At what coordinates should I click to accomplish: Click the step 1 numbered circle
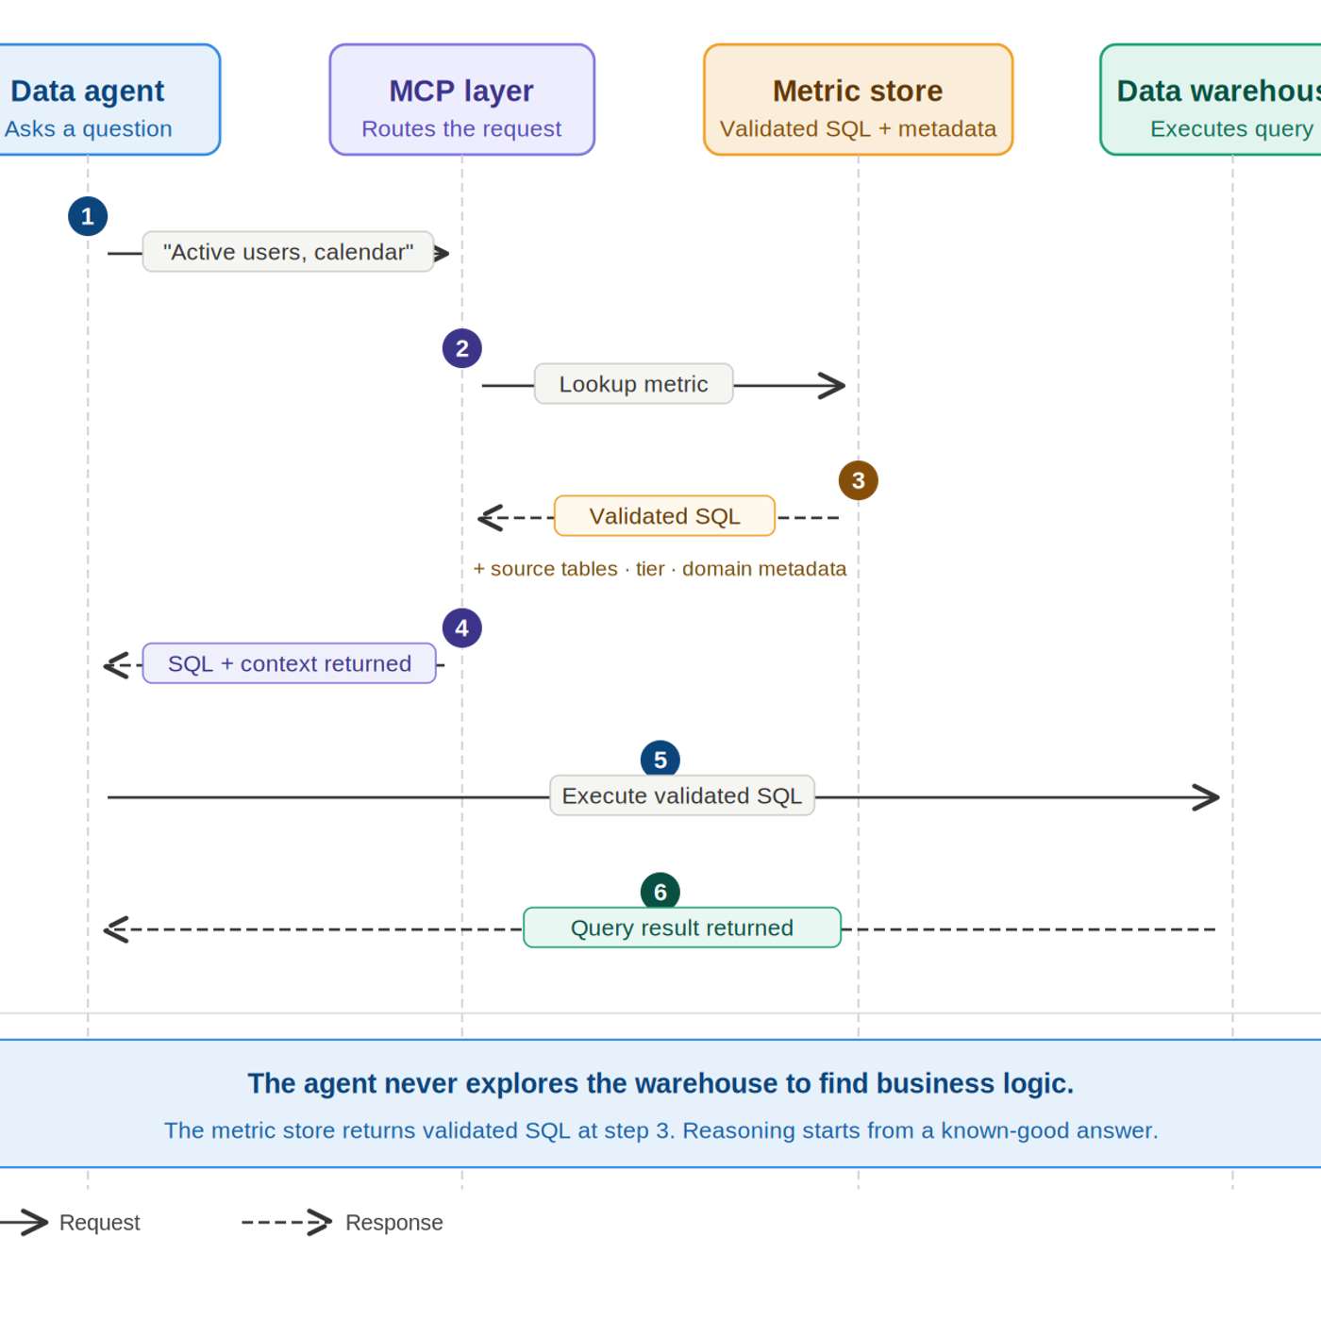88,216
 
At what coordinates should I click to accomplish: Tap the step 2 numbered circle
461,348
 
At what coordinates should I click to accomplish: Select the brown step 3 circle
858,480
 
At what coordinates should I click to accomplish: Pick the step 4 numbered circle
461,627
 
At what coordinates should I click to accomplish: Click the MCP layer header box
461,99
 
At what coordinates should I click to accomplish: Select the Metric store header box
858,99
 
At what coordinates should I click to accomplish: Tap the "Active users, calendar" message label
288,252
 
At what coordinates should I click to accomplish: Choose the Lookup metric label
633,384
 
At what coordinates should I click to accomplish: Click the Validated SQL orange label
664,516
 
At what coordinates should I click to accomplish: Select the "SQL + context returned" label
289,663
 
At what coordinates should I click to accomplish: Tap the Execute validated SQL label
681,795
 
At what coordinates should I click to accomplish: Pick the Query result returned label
681,928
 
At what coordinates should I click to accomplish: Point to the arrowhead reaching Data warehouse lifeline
1209,797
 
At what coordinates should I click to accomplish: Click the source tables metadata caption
660,569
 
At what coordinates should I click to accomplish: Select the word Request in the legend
99,1223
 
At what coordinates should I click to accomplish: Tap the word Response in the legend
393,1223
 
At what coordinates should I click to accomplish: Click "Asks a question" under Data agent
89,129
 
